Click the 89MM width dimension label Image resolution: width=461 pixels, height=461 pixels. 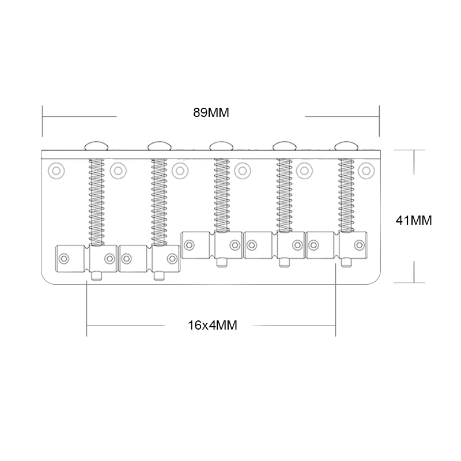211,112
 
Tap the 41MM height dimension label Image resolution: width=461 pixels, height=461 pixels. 414,220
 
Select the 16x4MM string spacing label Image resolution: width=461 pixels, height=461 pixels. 212,325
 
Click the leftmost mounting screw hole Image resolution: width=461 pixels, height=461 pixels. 56,171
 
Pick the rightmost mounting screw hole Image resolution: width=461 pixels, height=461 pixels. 366,171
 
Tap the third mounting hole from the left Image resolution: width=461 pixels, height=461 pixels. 180,171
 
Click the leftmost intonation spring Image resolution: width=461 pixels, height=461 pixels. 96,202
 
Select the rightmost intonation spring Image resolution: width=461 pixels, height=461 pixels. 346,195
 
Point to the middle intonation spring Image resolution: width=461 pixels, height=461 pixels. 222,195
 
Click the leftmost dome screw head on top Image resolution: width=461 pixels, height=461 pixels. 96,146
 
